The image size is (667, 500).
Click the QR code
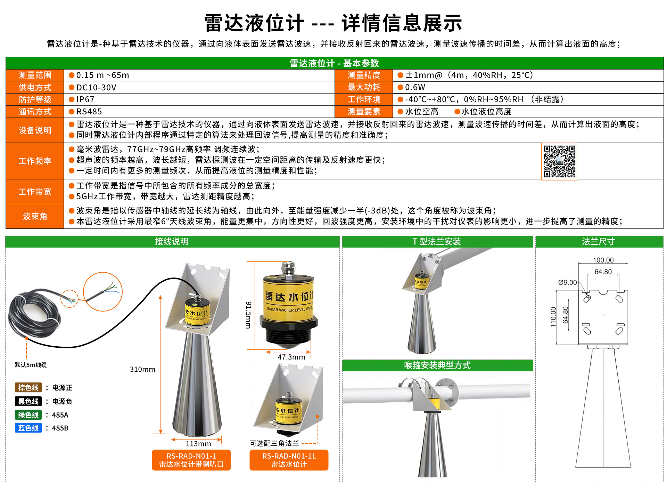[559, 161]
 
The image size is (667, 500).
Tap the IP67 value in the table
[85, 99]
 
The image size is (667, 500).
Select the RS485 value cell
[89, 112]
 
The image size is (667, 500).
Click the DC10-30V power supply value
[96, 88]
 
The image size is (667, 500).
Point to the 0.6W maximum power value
[415, 87]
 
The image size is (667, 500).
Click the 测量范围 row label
[35, 75]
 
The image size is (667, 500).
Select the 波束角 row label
[35, 216]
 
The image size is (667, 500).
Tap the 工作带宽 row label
[35, 192]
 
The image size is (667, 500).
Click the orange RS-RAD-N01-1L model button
[289, 460]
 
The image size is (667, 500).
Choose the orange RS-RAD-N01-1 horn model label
[191, 460]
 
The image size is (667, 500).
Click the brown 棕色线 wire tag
[28, 387]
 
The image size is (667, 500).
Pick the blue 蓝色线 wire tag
[28, 428]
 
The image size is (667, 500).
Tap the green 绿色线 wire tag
[28, 415]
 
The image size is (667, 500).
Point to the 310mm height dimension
[142, 369]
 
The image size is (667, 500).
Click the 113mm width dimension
[198, 444]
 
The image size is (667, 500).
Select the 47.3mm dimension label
[291, 357]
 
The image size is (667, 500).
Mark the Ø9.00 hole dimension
[568, 282]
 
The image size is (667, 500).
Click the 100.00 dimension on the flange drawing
[603, 260]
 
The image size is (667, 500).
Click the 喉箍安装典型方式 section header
[437, 365]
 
